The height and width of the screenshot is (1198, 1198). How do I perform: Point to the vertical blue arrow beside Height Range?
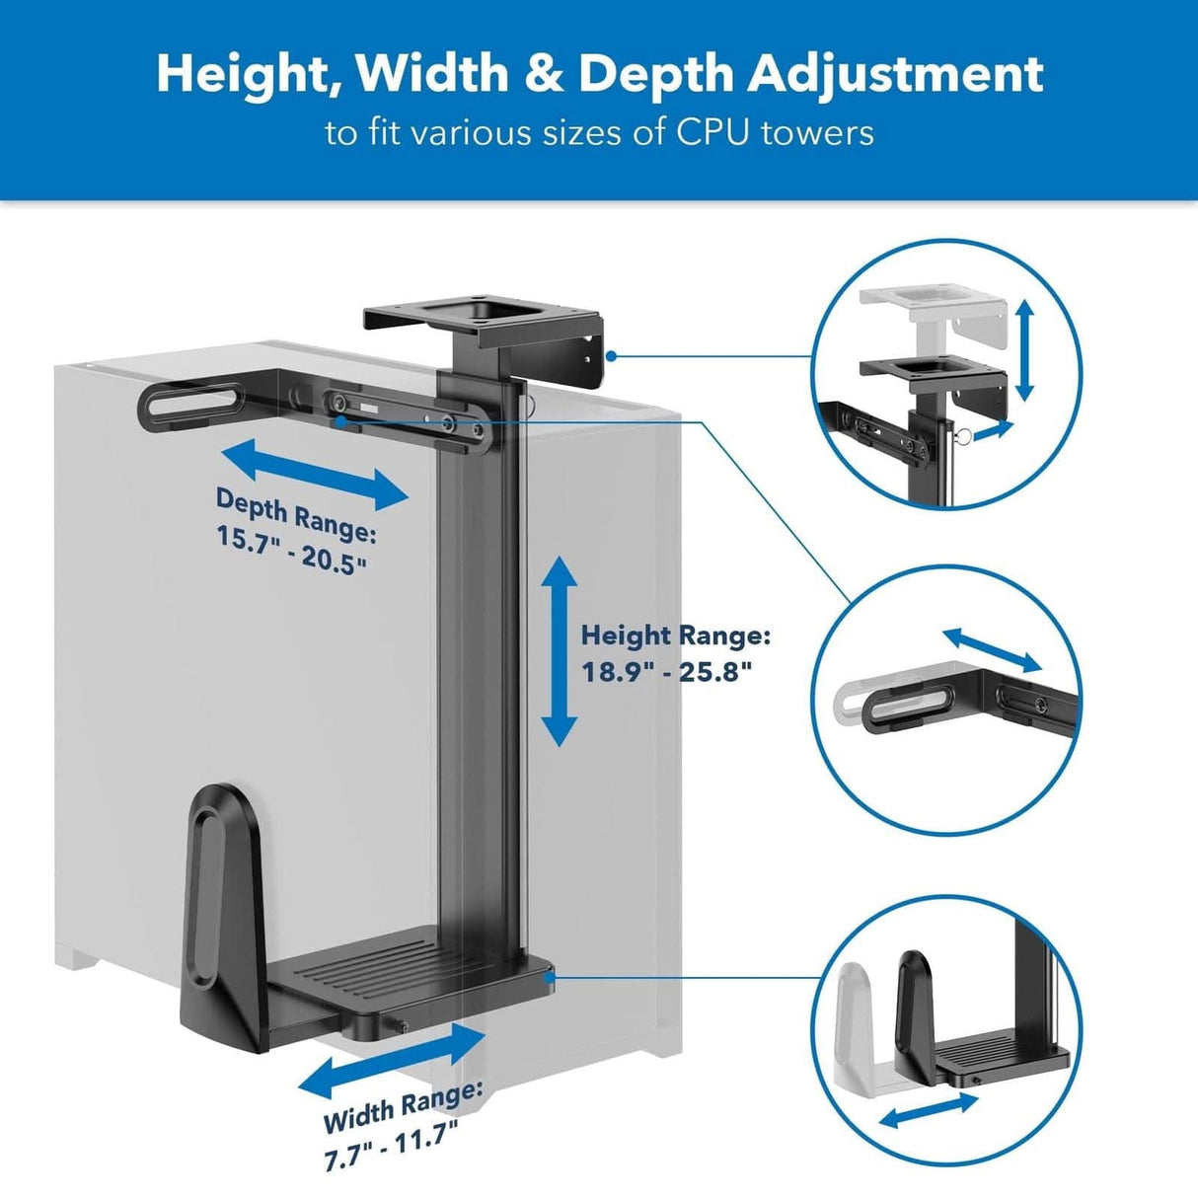560,651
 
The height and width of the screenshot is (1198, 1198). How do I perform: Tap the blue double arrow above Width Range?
392,1061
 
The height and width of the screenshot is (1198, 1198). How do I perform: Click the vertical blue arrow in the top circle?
1024,350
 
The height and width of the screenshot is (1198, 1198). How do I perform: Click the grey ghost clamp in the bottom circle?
859,1026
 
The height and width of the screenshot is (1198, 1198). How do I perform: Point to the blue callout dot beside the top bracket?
612,354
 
